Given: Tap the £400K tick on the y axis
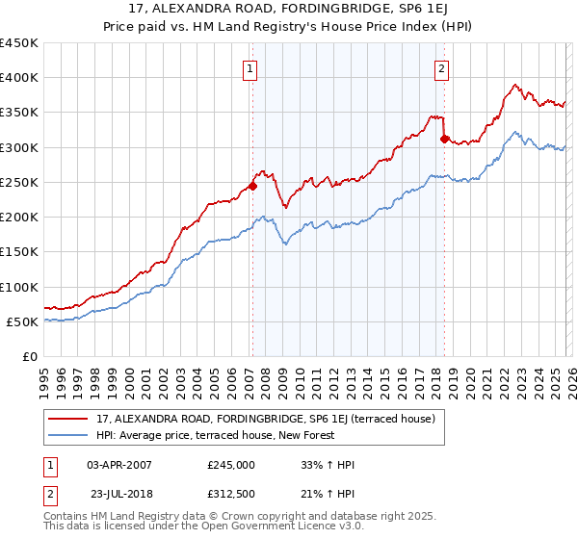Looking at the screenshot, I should (18, 78).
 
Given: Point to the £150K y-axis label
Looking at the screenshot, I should (18, 252).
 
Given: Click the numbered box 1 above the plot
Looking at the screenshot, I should (250, 68).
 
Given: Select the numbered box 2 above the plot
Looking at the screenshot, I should (441, 68).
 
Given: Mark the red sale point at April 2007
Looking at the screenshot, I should (252, 186).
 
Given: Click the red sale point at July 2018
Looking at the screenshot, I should (444, 139).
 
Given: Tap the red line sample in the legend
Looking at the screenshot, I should (68, 419).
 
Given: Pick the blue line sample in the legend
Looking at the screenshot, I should (68, 436).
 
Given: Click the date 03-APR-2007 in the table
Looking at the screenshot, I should (119, 465).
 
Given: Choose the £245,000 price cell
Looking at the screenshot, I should (231, 465).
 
